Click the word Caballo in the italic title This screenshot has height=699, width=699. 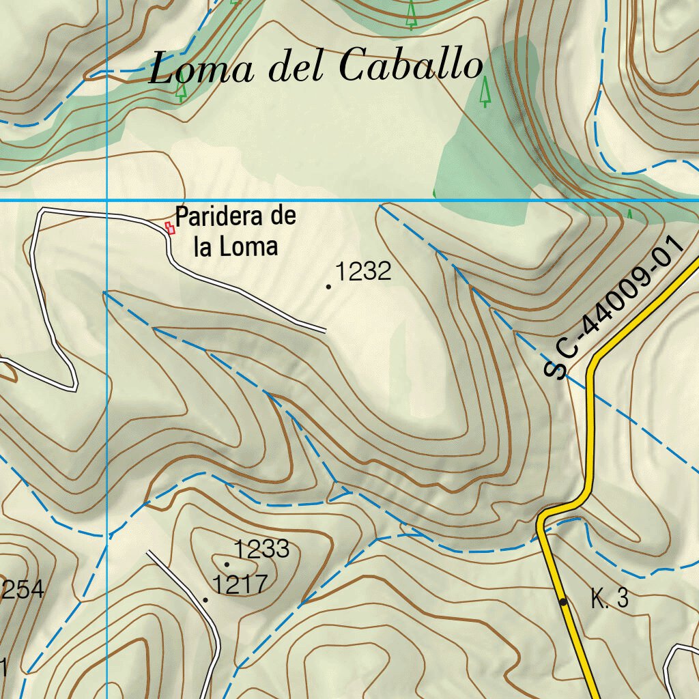point(410,67)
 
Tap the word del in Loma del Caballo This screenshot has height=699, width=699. point(295,68)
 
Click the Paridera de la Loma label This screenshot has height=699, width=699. point(236,231)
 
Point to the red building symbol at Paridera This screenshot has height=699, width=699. point(170,227)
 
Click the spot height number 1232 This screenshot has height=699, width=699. point(363,272)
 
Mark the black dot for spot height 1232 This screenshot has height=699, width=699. point(329,287)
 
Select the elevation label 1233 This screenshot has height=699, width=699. point(262,548)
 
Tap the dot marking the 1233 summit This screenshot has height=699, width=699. point(227,564)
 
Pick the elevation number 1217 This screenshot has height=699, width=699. point(240,584)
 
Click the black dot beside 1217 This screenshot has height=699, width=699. point(205,600)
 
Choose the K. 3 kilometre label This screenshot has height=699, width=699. point(610,600)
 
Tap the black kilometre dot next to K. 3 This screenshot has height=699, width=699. point(562,601)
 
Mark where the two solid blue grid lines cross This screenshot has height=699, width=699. point(107,201)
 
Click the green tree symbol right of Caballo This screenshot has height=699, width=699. point(485,91)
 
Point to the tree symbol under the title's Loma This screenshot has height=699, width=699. point(181,91)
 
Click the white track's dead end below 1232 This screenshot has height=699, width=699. point(325,332)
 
